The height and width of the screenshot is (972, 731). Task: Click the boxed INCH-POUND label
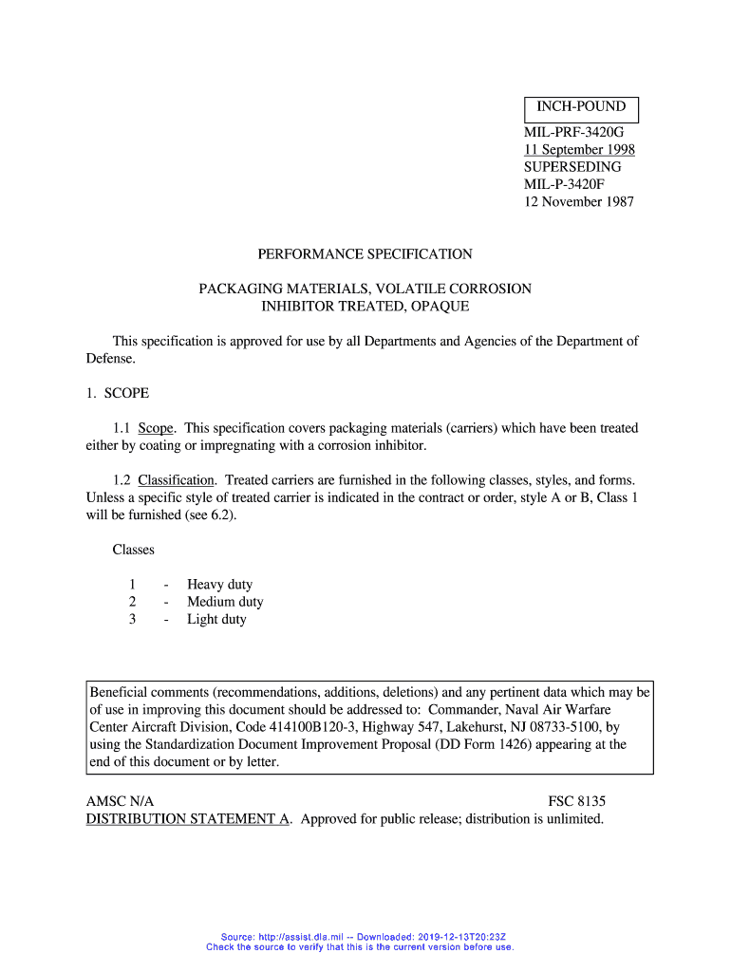(x=582, y=107)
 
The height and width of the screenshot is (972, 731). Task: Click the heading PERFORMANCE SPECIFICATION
(x=365, y=254)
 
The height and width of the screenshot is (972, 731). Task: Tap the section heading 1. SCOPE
(x=118, y=393)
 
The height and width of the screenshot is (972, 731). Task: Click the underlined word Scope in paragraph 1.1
(x=156, y=428)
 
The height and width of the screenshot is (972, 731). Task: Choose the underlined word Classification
(x=178, y=480)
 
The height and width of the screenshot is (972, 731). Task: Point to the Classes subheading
(x=134, y=550)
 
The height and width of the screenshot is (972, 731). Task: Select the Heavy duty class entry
(x=219, y=585)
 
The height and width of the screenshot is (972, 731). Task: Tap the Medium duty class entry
(x=225, y=602)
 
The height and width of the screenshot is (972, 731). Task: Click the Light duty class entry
(x=216, y=619)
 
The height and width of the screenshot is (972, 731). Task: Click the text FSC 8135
(x=577, y=802)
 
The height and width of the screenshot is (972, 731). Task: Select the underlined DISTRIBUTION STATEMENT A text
(x=188, y=819)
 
